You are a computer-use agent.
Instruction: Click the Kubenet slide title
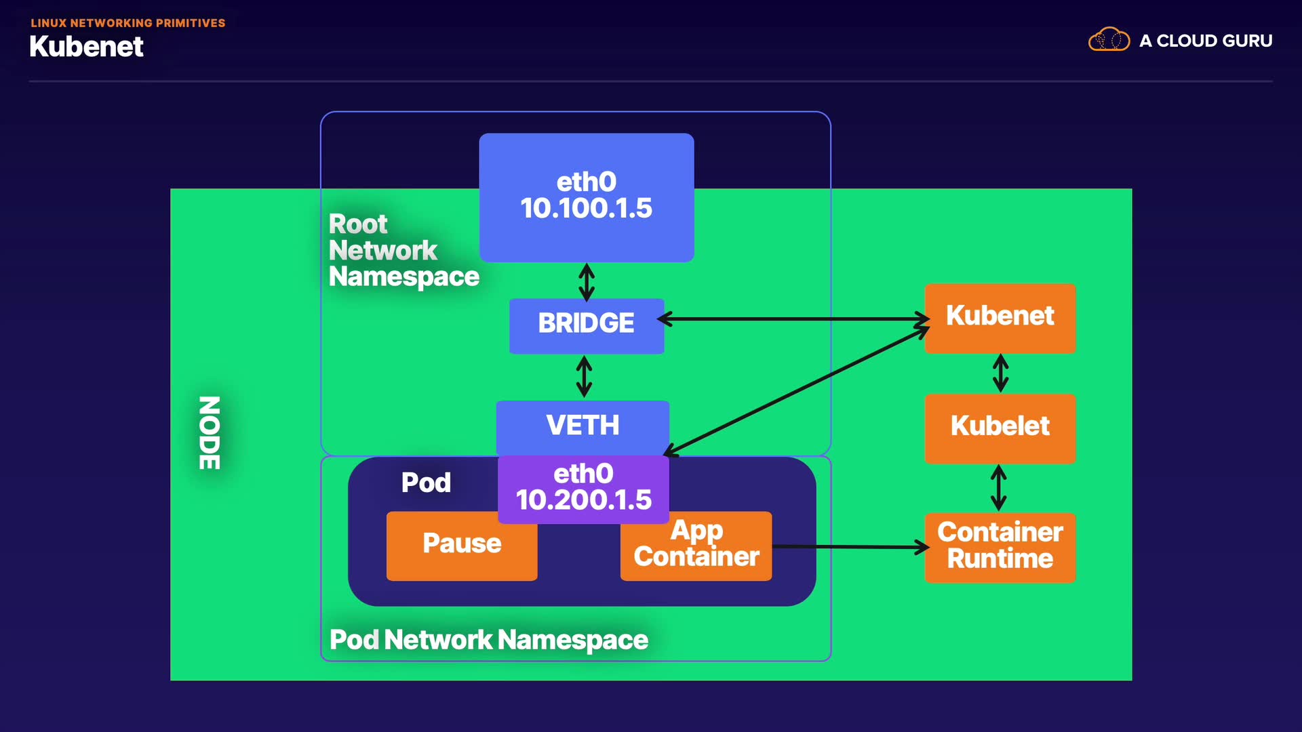86,47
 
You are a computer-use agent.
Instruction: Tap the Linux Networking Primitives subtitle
127,23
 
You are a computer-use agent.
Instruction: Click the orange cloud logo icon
1109,40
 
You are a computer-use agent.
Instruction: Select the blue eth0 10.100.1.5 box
586,197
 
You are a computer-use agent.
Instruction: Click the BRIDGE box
586,324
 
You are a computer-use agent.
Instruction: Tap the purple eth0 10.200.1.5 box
583,488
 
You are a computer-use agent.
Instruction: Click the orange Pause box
462,545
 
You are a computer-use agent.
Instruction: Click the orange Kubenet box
1000,317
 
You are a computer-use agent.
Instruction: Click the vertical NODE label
210,432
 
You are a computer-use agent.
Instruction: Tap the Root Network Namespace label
403,251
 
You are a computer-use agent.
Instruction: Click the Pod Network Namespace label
488,640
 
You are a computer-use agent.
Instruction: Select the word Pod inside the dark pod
426,483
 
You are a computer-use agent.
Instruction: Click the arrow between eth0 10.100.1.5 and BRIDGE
587,282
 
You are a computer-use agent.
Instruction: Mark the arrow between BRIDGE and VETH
584,377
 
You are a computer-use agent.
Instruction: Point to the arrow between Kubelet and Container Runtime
998,487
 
